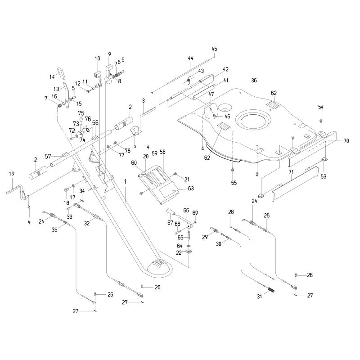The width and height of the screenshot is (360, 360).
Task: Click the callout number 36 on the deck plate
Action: pos(254,81)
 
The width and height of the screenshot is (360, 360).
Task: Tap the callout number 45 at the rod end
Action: pos(214,49)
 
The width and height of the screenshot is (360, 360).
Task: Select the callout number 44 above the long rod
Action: pos(190,58)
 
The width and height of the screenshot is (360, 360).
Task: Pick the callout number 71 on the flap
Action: pos(291,172)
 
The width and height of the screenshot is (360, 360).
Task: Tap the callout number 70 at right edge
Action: pos(346,141)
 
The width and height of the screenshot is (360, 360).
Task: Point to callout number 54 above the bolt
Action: pos(321,107)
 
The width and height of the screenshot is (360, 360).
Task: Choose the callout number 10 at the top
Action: pos(98,58)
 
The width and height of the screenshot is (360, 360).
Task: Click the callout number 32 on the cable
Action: pos(86,222)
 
